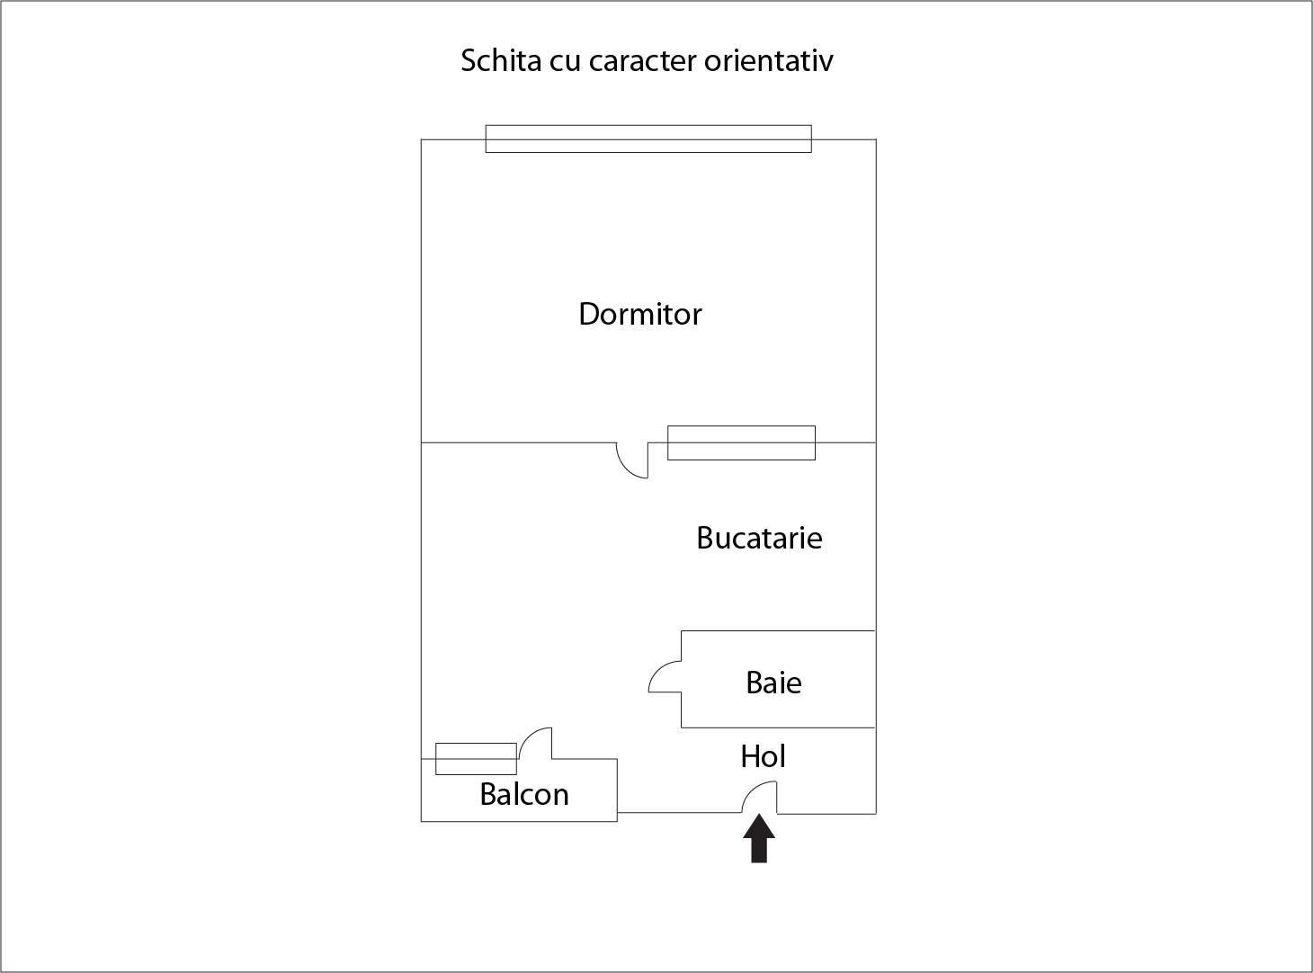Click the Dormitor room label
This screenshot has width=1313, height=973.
pyautogui.click(x=639, y=314)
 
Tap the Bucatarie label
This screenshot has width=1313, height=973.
pyautogui.click(x=759, y=538)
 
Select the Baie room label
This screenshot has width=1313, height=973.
pyautogui.click(x=773, y=683)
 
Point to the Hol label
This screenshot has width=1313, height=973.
pyautogui.click(x=763, y=756)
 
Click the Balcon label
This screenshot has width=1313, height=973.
pyautogui.click(x=524, y=794)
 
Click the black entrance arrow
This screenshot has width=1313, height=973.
pyautogui.click(x=759, y=839)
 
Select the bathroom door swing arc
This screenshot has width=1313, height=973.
pyautogui.click(x=664, y=677)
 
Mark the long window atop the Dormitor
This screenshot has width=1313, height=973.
pyautogui.click(x=648, y=138)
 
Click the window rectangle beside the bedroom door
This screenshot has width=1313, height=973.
pyautogui.click(x=741, y=442)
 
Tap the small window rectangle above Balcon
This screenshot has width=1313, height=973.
pyautogui.click(x=476, y=758)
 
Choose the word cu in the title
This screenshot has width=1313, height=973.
pyautogui.click(x=564, y=60)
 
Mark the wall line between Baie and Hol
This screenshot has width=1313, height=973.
pyautogui.click(x=778, y=727)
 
